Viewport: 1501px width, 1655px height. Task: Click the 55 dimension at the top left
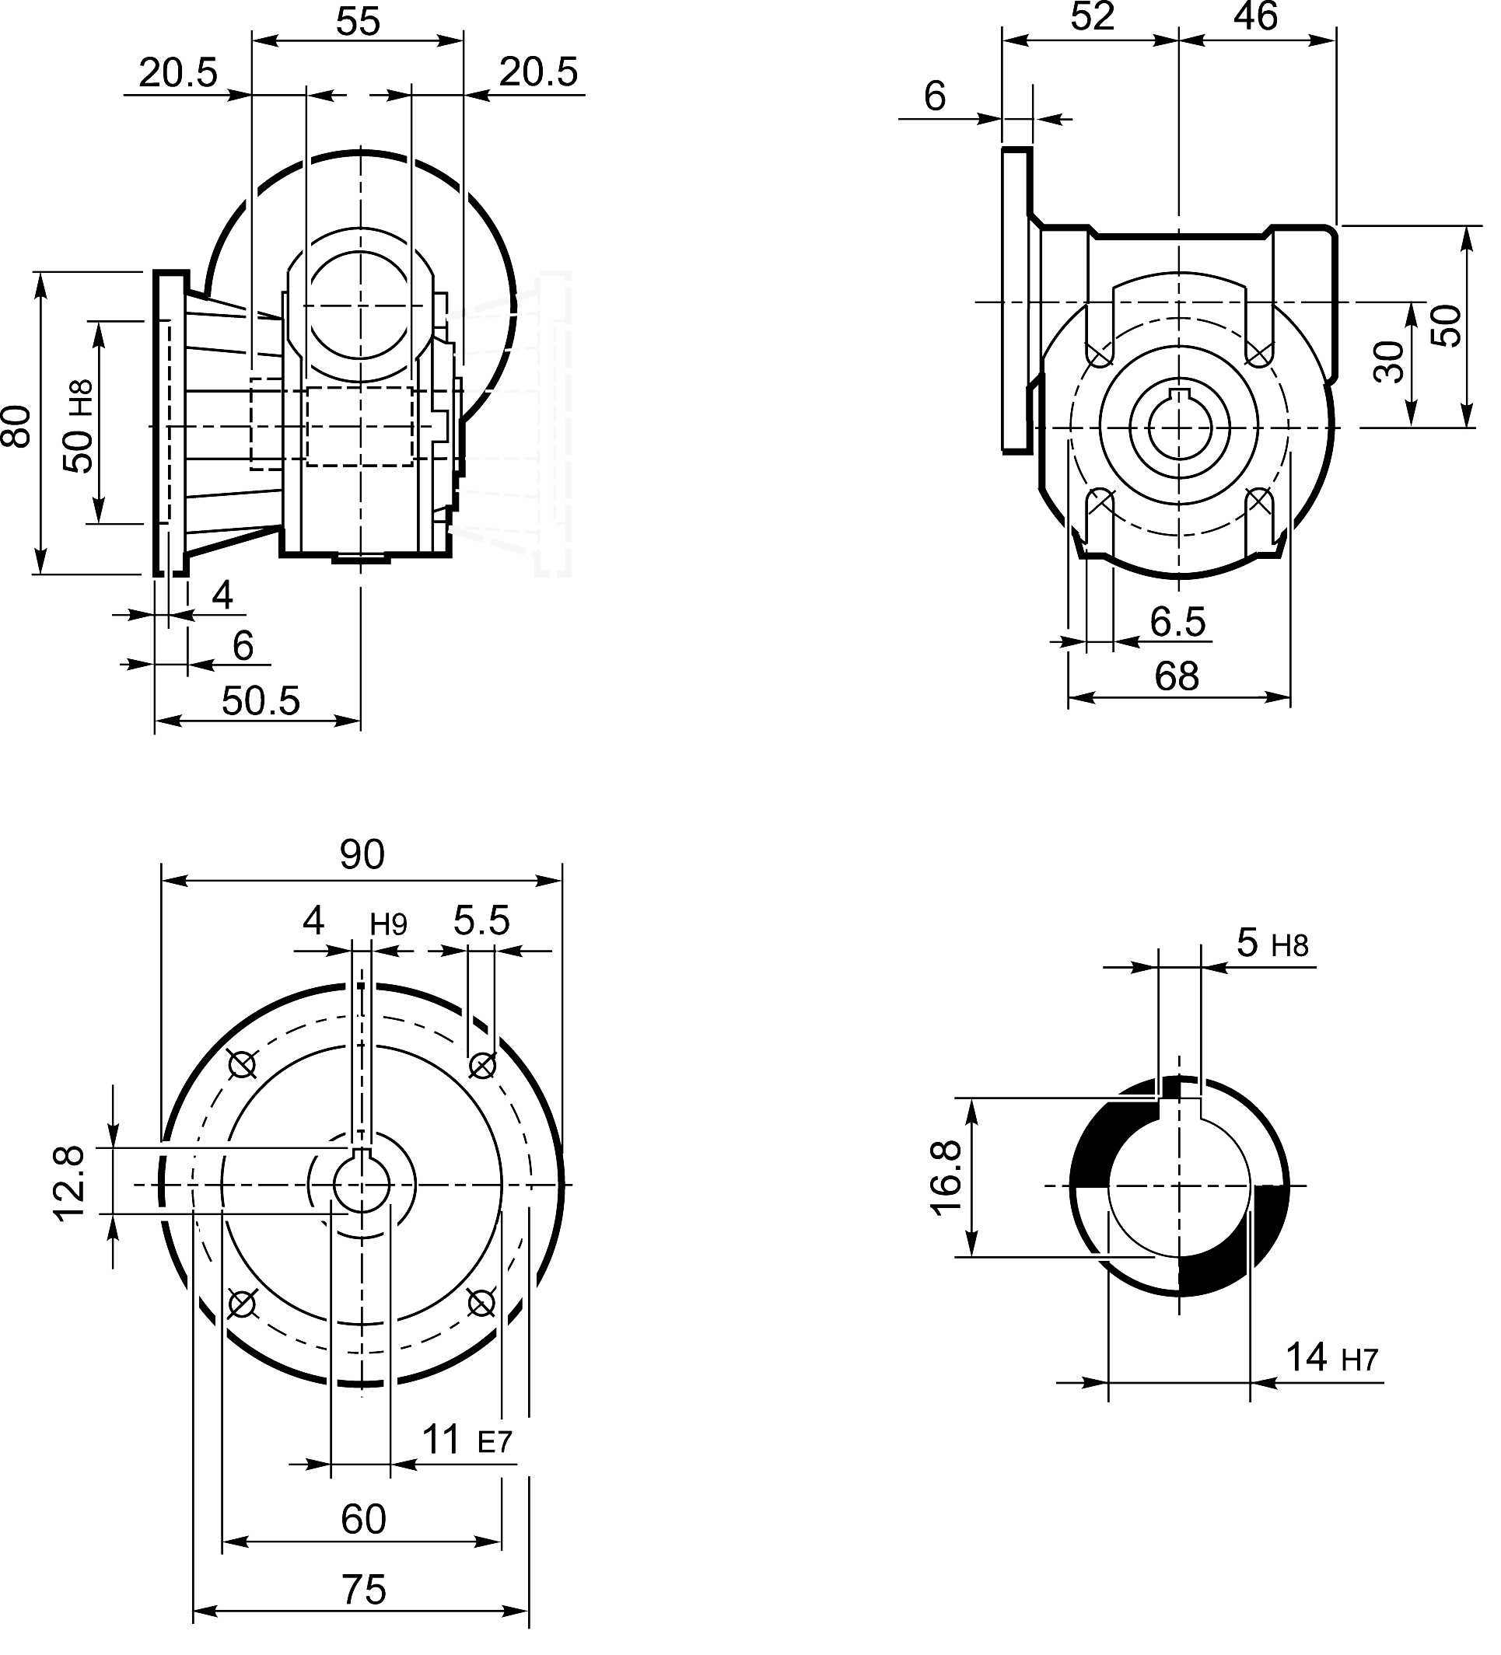[x=358, y=23]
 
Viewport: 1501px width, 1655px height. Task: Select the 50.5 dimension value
[x=261, y=702]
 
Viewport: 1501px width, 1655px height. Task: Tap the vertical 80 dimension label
[x=18, y=425]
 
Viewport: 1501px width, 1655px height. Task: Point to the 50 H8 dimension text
[x=79, y=425]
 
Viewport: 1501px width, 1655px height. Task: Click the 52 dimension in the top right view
[x=1091, y=17]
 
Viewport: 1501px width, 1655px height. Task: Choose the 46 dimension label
[x=1254, y=17]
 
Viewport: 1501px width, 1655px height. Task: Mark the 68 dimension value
[x=1176, y=677]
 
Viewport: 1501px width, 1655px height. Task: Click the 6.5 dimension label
[x=1177, y=622]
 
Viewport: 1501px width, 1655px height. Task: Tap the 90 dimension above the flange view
[x=362, y=855]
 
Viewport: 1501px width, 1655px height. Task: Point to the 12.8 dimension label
[x=70, y=1185]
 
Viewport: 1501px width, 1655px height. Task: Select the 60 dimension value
[x=363, y=1520]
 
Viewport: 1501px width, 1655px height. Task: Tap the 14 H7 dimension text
[x=1330, y=1358]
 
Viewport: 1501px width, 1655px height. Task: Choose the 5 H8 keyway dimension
[x=1271, y=944]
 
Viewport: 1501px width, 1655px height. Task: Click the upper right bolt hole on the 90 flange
[x=482, y=1066]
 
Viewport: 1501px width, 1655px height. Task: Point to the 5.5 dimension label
[x=481, y=921]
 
